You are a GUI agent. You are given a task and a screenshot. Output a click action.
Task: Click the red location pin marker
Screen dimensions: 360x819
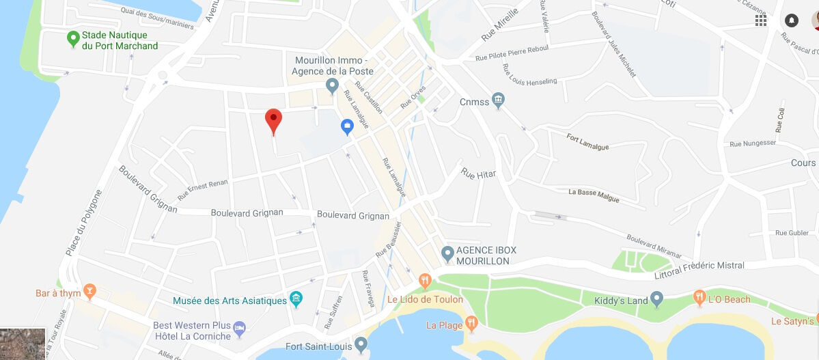click(273, 120)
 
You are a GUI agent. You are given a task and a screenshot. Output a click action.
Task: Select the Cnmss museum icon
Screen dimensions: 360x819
click(498, 101)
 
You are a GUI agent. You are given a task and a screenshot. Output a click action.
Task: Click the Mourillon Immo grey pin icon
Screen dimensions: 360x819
click(332, 86)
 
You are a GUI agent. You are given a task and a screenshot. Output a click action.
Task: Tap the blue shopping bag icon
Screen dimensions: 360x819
click(347, 126)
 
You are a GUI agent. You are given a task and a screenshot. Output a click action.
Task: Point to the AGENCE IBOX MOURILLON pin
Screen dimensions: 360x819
click(447, 255)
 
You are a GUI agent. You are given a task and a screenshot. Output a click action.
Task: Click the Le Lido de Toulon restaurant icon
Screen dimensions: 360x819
click(425, 280)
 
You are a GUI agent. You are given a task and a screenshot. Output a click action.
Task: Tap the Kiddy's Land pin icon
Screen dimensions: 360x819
click(657, 299)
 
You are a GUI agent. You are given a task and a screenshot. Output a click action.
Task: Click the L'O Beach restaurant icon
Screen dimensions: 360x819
click(699, 298)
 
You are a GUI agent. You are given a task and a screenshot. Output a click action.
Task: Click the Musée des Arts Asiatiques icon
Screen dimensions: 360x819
click(296, 299)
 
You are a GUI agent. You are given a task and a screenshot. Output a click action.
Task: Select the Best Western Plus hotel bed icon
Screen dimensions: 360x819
click(240, 329)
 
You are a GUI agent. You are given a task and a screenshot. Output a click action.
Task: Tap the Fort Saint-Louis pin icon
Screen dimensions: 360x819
click(361, 346)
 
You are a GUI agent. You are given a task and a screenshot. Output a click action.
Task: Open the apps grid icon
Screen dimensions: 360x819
click(761, 20)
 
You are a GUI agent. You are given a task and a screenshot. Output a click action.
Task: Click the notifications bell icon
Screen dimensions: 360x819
click(792, 20)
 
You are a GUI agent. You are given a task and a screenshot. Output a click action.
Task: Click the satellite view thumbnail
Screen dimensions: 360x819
click(23, 344)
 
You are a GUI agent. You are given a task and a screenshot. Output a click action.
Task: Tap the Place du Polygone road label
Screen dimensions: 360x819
click(83, 223)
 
